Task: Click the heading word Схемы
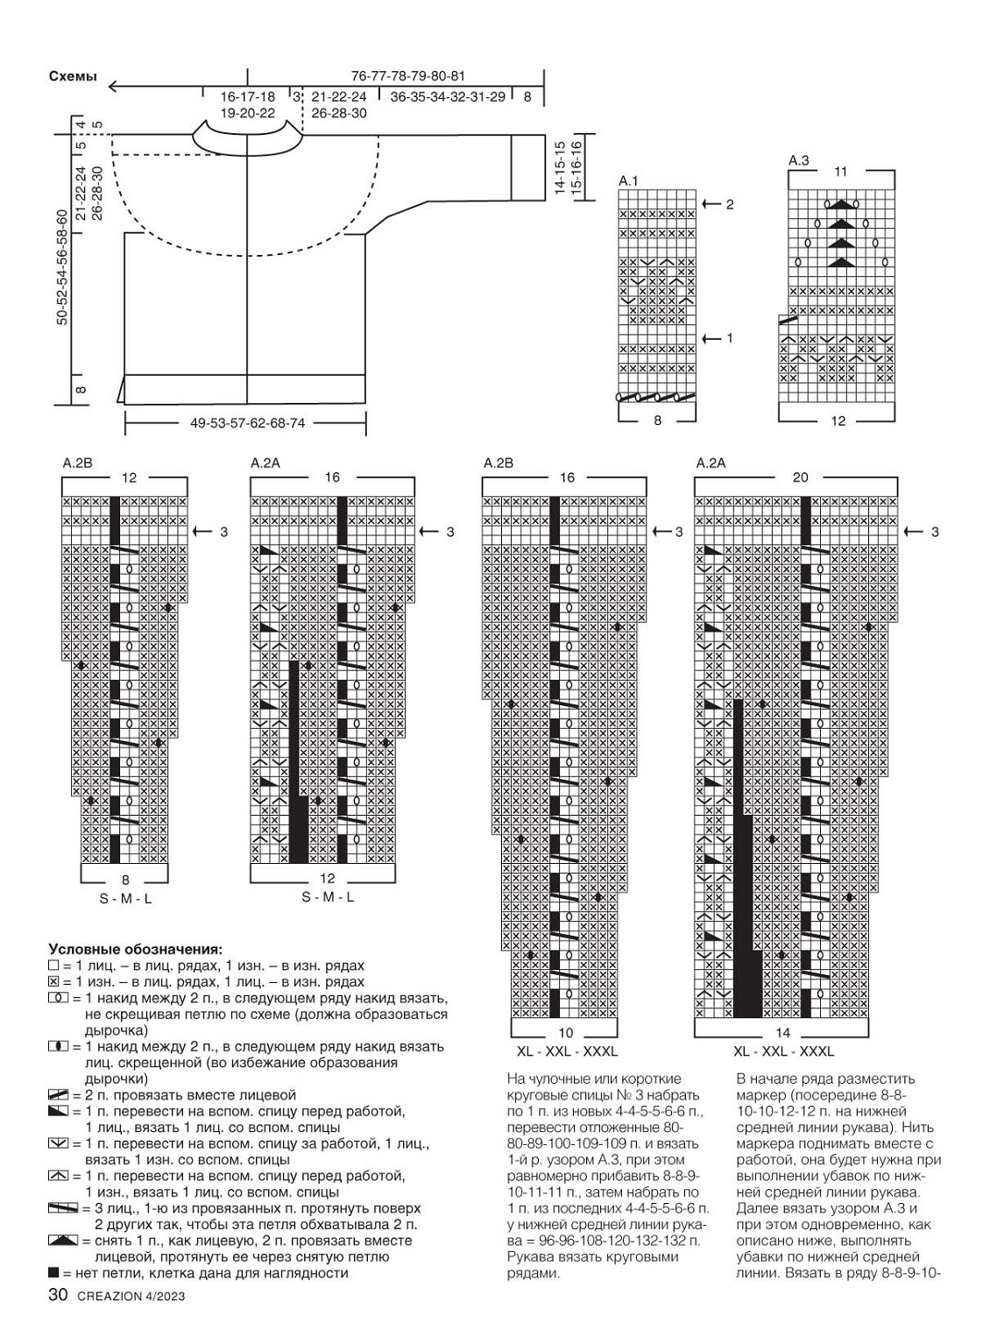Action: point(73,77)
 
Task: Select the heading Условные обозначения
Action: point(135,948)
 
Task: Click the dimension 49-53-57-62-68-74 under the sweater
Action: point(247,423)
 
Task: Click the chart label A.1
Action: point(628,180)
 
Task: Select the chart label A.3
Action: point(798,160)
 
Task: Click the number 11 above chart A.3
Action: point(840,173)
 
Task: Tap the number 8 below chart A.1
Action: point(657,421)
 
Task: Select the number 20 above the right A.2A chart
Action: point(800,477)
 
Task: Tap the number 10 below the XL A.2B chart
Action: point(565,1033)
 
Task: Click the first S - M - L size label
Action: point(125,898)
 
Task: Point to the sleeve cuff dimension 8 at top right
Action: point(527,97)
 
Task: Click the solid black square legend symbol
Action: point(54,1273)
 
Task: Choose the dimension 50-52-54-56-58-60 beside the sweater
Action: point(62,267)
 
